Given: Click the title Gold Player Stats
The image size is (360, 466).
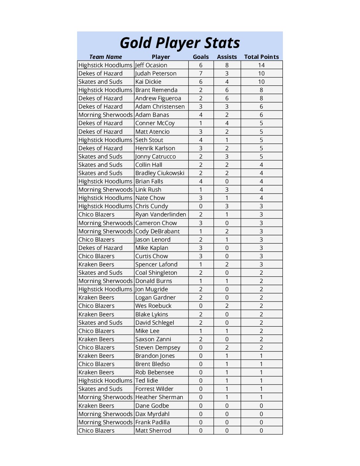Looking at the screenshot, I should [180, 43].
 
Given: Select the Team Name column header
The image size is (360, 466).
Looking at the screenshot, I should [106, 57].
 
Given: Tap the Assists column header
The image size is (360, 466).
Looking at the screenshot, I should [227, 57].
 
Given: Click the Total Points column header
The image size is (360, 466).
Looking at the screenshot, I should [261, 57].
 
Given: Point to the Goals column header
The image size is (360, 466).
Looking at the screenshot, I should [201, 57].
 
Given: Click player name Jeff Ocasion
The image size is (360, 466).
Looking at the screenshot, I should [151, 65].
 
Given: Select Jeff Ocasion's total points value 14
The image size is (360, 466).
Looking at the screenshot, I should [261, 65].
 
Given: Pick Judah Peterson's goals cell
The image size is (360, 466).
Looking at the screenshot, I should [201, 73].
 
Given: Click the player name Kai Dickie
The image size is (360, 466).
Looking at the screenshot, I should [148, 82].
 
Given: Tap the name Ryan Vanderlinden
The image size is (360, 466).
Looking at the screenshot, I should [160, 214].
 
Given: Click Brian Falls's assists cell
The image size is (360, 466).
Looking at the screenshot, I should [227, 181].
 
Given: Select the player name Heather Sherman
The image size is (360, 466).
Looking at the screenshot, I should [159, 397].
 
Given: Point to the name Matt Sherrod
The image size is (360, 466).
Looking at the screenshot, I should [153, 431].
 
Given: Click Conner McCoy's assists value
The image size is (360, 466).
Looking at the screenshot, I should [227, 123].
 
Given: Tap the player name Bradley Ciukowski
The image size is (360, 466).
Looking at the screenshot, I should [160, 173].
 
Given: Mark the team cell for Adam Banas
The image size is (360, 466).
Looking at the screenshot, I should [105, 115].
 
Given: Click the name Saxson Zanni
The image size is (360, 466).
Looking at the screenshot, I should [153, 339].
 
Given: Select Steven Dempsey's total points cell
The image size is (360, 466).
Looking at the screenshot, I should [261, 348].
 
